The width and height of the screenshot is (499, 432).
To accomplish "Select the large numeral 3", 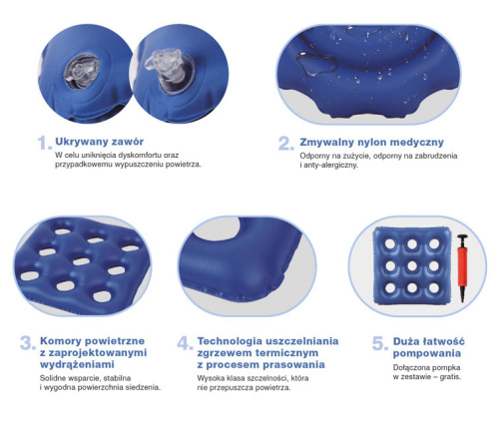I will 27,344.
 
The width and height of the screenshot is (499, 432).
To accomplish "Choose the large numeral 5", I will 378,344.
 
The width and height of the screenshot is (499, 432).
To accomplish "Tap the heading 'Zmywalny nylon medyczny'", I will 371,142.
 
